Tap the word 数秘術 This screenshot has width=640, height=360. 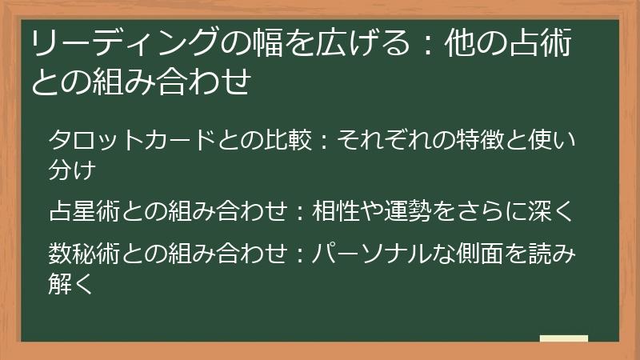click(x=87, y=254)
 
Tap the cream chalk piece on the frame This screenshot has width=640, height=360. click(x=563, y=338)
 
